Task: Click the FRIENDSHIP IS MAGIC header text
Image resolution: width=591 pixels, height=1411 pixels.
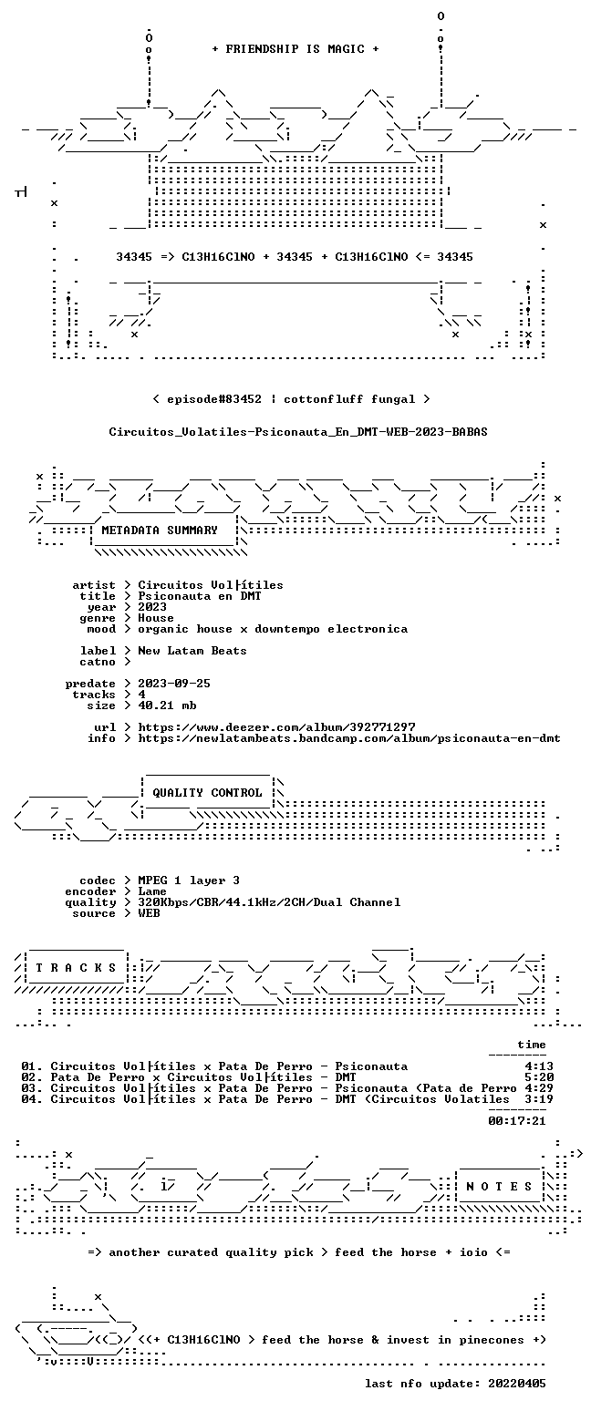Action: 295,49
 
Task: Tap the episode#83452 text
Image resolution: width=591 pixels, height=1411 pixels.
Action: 214,399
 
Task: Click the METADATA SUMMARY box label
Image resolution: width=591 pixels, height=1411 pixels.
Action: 160,530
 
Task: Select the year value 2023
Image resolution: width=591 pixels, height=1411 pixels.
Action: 152,607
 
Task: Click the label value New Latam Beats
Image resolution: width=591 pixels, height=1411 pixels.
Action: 192,651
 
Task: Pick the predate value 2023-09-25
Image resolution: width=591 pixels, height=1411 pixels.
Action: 174,684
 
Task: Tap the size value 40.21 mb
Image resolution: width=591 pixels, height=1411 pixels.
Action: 167,705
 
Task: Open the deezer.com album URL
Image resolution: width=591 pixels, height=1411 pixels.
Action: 276,727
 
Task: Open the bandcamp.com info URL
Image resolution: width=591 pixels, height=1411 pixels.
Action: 349,738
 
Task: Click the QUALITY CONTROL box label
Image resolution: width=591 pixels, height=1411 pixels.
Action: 207,793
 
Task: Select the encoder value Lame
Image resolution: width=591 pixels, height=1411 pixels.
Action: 152,891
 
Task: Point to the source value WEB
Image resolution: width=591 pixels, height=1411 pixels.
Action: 149,913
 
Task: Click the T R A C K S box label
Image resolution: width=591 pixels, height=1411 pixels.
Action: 77,968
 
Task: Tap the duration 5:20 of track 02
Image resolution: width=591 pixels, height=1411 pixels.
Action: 539,1077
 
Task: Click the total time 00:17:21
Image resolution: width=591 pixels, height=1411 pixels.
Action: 517,1121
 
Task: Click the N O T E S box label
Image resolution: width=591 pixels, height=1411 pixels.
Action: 499,1187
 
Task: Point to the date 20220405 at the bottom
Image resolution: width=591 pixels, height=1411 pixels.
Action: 517,1384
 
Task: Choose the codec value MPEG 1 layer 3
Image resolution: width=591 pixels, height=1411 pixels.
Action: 189,881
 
